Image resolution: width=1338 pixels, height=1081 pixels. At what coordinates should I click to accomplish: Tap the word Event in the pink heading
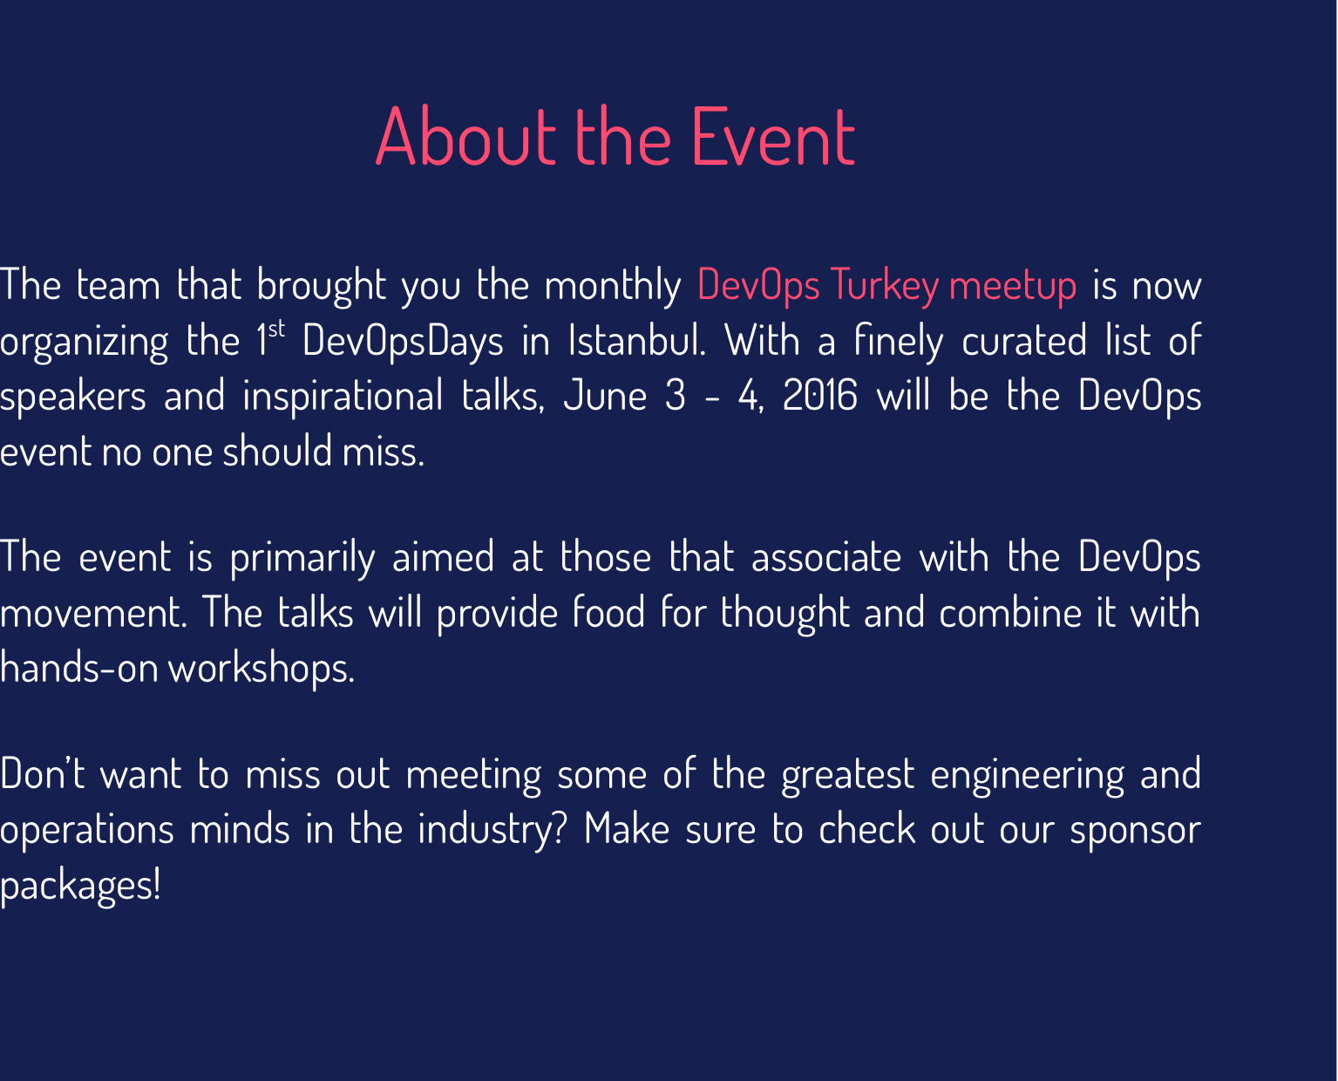(773, 137)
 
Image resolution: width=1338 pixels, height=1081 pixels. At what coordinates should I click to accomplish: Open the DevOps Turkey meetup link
(886, 285)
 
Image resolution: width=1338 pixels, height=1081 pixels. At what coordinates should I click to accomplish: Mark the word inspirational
(343, 397)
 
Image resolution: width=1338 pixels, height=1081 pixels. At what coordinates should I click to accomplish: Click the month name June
(605, 397)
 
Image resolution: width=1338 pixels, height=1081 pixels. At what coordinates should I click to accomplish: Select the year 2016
(819, 397)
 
